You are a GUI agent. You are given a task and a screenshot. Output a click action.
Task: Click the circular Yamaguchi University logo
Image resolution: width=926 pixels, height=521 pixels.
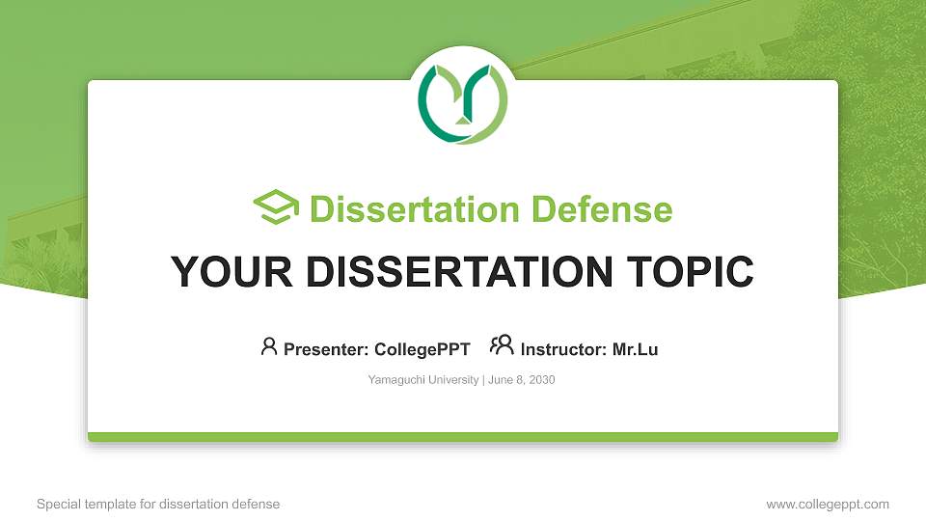tap(462, 103)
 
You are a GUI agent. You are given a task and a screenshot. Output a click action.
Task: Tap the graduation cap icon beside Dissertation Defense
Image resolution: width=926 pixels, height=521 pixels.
tap(276, 206)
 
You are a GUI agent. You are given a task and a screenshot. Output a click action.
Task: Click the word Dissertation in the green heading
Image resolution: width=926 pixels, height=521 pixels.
tap(414, 209)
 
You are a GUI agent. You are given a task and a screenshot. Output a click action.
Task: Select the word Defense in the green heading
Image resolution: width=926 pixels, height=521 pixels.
tap(602, 209)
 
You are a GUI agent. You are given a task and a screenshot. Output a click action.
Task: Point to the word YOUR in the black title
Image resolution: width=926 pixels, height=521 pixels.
tap(231, 272)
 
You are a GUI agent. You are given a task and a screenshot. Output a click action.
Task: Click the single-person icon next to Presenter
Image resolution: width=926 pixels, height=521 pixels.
tap(269, 346)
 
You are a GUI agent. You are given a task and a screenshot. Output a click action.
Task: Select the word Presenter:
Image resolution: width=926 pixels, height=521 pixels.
tap(326, 349)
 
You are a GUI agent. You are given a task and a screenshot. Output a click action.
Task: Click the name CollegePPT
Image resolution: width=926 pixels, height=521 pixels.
tap(422, 349)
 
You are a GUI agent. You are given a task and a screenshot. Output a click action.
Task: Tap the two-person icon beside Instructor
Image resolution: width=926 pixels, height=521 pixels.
tap(502, 345)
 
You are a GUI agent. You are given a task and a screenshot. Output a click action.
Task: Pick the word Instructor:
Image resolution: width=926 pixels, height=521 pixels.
tap(563, 349)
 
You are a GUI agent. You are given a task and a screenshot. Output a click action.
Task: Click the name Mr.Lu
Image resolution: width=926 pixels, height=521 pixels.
tap(635, 349)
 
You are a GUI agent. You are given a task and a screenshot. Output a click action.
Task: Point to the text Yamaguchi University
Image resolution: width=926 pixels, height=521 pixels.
tap(422, 380)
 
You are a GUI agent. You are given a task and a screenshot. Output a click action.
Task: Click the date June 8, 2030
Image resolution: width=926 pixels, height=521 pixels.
tap(522, 380)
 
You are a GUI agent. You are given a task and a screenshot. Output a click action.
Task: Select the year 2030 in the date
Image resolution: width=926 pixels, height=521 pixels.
tap(542, 380)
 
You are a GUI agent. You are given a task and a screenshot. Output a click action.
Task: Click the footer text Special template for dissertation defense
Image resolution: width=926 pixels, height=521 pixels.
tap(158, 504)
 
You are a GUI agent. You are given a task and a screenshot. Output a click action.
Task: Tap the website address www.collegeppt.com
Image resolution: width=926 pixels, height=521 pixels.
tap(828, 504)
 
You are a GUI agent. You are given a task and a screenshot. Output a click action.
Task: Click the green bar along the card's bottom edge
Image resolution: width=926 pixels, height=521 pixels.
tap(463, 437)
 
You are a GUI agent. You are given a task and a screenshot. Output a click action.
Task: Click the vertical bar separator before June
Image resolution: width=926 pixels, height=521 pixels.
tap(483, 380)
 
